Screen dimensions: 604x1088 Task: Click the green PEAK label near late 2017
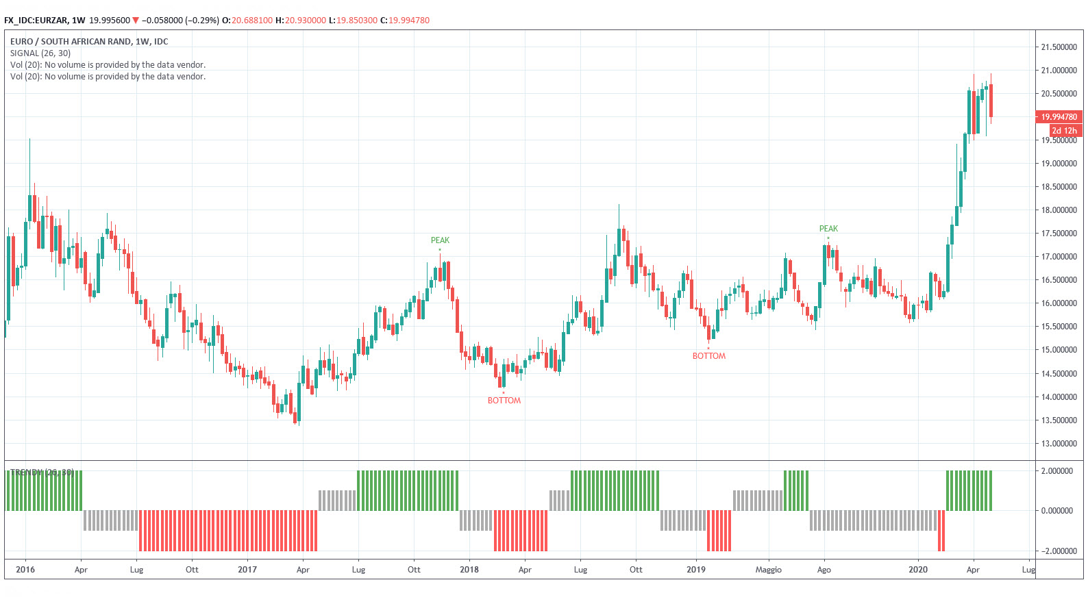tap(440, 240)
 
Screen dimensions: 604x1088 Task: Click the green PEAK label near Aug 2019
tap(828, 229)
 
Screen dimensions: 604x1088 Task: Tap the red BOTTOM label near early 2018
tap(504, 401)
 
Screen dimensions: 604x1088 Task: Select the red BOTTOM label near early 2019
tap(708, 356)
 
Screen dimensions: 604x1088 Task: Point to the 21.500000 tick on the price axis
tap(1059, 47)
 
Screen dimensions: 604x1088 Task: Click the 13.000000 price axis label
tap(1059, 444)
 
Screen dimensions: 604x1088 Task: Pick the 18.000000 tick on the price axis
tap(1059, 210)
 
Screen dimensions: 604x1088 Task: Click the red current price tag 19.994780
tap(1059, 117)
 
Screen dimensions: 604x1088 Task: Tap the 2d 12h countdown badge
tap(1064, 130)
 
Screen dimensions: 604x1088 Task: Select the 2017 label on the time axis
tap(247, 570)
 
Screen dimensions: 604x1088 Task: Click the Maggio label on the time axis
tap(768, 570)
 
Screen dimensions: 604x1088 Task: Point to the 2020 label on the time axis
tap(917, 570)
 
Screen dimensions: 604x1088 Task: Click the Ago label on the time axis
tap(824, 570)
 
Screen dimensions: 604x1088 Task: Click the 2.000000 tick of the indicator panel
tap(1059, 471)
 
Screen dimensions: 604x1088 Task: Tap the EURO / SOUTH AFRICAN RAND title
tap(89, 42)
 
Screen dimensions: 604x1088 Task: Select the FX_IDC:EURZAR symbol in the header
tap(36, 21)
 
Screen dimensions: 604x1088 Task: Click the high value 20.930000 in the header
tap(306, 21)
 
